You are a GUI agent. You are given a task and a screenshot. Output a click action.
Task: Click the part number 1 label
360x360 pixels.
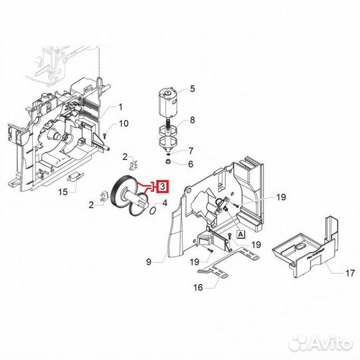point(121,107)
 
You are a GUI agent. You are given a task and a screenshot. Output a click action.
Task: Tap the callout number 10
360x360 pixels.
point(123,123)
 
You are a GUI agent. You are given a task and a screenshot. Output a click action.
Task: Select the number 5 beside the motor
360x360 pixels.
point(192,89)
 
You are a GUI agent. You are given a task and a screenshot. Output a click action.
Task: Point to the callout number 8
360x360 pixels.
point(192,121)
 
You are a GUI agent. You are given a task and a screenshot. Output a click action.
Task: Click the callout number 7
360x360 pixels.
point(191,151)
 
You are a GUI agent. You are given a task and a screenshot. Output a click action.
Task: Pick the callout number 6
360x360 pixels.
point(191,164)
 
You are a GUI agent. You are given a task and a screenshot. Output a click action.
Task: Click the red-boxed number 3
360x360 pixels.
point(163,187)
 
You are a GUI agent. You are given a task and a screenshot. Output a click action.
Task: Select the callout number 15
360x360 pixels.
point(62,193)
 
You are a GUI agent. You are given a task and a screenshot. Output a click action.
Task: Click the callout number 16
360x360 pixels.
point(198,288)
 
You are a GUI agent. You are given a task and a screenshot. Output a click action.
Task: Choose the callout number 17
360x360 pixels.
point(331,273)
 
